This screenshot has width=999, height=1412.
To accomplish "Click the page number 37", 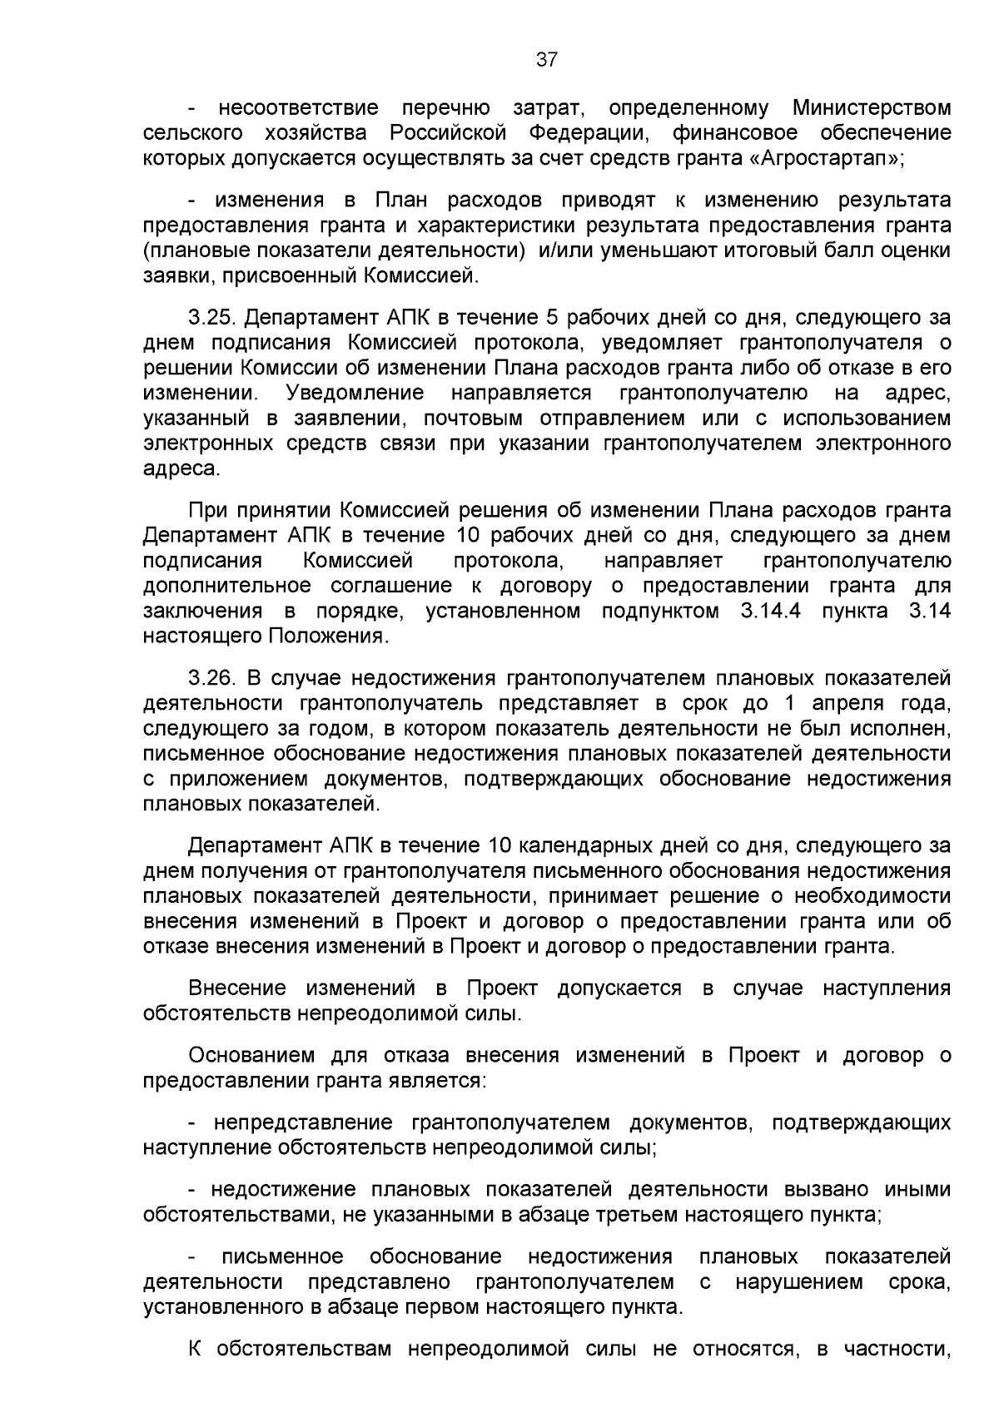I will click(x=547, y=59).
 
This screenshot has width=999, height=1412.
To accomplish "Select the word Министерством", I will click(x=872, y=108).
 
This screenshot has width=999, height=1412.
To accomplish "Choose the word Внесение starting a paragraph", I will click(x=237, y=988).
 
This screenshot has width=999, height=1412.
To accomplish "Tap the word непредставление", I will click(x=303, y=1122).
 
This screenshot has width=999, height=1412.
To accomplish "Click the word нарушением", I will click(x=800, y=1281).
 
